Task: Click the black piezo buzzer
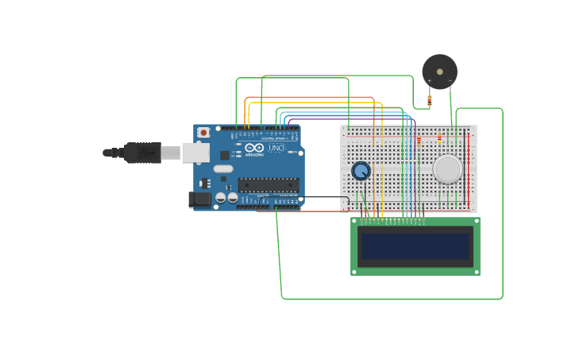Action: click(439, 72)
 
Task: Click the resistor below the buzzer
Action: click(430, 100)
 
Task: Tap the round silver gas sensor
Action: click(447, 168)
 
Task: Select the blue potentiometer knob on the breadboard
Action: click(361, 171)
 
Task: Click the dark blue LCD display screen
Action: click(415, 246)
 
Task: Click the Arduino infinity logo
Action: click(254, 149)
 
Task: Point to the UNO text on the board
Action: click(276, 149)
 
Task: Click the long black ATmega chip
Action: click(268, 185)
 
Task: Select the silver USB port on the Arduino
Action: click(195, 153)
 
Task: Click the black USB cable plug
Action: click(143, 153)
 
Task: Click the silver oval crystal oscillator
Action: click(223, 168)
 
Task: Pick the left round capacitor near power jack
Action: click(221, 197)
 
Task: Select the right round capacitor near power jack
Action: click(232, 197)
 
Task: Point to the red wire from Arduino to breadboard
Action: click(302, 211)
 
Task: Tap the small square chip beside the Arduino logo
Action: click(225, 155)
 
